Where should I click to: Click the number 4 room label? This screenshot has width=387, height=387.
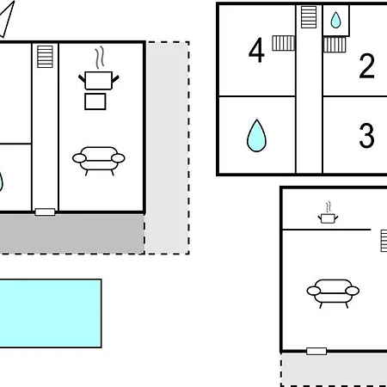pos(256,50)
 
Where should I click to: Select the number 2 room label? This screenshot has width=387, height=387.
pos(367,65)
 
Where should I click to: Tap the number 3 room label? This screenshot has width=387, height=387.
pos(367,135)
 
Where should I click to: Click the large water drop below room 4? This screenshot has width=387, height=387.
pos(256,135)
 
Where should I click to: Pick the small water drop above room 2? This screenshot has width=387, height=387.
pos(335,20)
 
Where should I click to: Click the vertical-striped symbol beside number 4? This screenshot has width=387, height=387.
pos(283,43)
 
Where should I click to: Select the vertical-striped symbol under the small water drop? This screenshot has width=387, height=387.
pos(335,45)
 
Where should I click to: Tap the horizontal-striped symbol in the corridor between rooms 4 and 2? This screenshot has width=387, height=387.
pos(309,17)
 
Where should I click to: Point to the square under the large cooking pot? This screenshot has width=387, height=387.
pos(95,101)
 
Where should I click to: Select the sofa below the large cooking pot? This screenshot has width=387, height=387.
pos(99,161)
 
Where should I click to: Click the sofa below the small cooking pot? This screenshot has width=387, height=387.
pos(333,293)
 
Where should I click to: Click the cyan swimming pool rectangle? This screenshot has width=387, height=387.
pos(51,313)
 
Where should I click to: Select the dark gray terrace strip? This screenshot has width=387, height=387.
pos(71,233)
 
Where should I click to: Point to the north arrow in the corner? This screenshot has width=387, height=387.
pos(7,19)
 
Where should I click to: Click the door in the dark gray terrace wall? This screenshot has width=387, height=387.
pos(45,212)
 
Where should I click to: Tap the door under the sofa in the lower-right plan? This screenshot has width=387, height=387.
pos(316,351)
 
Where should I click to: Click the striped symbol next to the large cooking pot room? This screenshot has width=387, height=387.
pos(45,57)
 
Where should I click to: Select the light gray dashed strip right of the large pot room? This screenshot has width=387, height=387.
pos(168,148)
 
